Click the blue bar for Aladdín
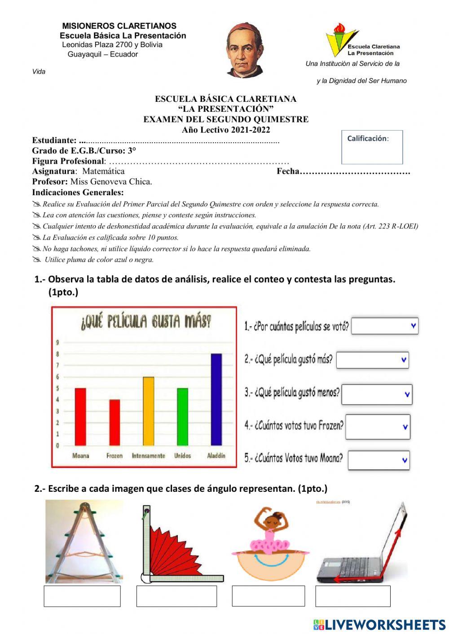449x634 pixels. click(216, 399)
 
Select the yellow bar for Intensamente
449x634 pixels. click(148, 411)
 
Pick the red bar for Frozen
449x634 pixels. click(114, 422)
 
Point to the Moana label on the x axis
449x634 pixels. click(81, 455)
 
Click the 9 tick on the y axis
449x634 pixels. click(57, 342)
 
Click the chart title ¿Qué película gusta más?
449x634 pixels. click(145, 321)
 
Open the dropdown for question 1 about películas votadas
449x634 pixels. click(385, 326)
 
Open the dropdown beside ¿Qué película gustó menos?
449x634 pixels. click(377, 394)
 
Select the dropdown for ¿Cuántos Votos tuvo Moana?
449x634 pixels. click(379, 460)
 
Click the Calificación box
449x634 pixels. click(372, 147)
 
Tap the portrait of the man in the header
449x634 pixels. click(245, 50)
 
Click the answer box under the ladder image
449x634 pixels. click(82, 596)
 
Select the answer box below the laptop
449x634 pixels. click(352, 596)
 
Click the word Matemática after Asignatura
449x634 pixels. click(103, 171)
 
